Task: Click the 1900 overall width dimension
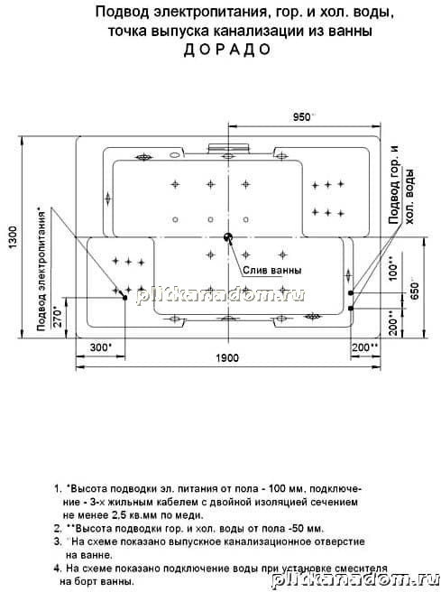coord(227,357)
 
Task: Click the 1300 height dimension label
coord(14,237)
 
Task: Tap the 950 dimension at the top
coord(304,117)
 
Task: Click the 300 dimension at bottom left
coord(101,347)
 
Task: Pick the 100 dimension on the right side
coord(392,268)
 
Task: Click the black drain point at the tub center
coord(228,237)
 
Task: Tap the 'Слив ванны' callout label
coord(271,271)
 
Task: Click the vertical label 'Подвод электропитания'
coord(41,269)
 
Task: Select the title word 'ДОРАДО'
coord(227,50)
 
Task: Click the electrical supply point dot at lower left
coord(124,298)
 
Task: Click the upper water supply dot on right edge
coord(351,292)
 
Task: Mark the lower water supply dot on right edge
coord(351,308)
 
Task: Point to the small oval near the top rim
coord(175,154)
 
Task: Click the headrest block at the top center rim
coord(228,148)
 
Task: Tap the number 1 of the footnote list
coord(58,488)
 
